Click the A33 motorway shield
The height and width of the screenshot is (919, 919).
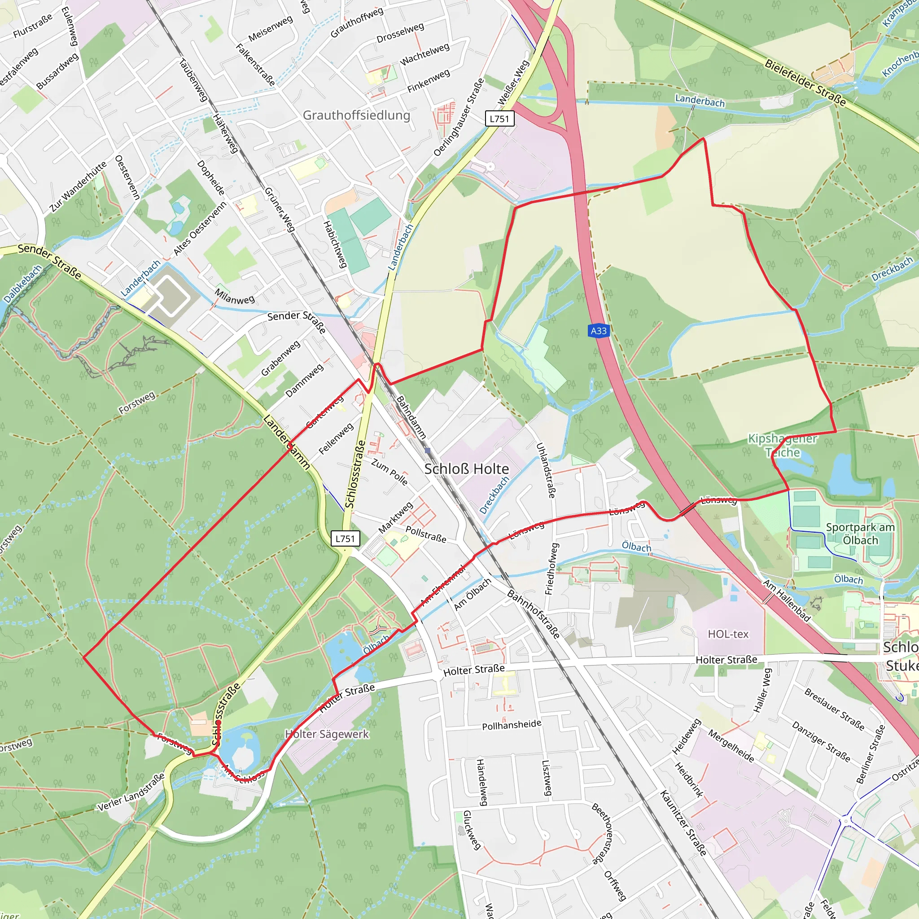tap(599, 331)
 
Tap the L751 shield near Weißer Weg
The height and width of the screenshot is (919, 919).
tap(499, 118)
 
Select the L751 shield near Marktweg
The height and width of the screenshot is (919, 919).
tap(346, 538)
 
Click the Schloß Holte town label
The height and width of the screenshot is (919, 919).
tap(466, 469)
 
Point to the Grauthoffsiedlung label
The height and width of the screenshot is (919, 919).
tap(356, 115)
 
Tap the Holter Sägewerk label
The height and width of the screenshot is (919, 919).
tap(327, 734)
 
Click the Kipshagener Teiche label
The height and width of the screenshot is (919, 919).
tap(782, 445)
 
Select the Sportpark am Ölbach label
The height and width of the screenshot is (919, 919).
tap(860, 534)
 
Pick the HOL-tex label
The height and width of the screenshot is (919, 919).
tap(728, 634)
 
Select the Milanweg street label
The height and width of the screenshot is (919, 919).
tap(235, 296)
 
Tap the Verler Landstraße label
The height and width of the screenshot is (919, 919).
tap(131, 792)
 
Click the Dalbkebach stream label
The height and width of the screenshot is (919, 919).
tap(22, 284)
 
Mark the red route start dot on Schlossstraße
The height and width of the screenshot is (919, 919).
tap(218, 722)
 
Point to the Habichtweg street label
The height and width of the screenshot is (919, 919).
tap(335, 244)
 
